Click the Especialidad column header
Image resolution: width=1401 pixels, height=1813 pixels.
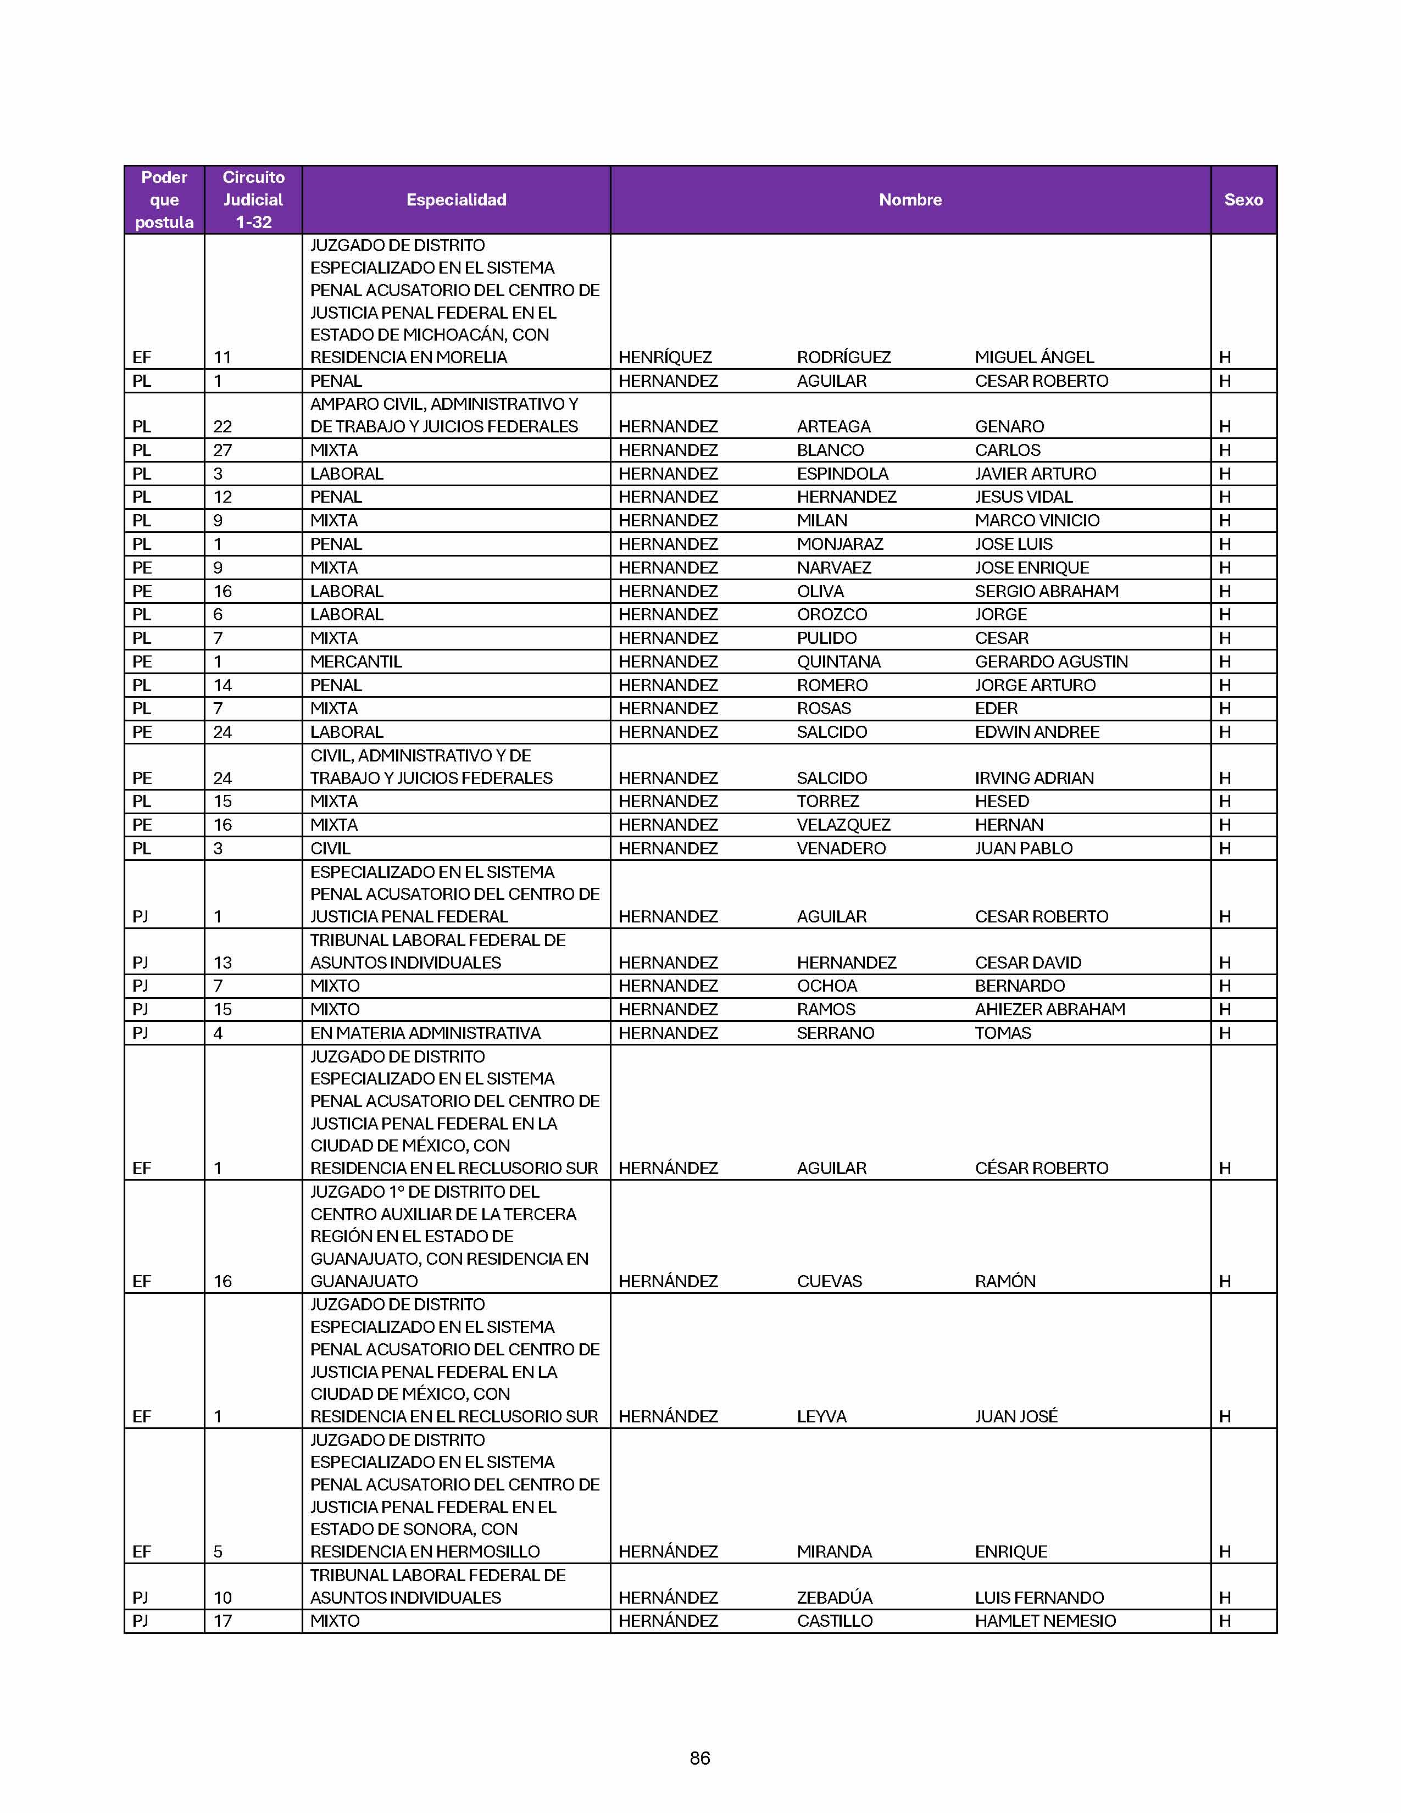pos(455,200)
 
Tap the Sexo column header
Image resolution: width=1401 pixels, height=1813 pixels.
pos(1242,200)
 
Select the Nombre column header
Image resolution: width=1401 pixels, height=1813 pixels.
pos(910,200)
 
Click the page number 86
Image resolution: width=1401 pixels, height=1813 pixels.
pos(699,1758)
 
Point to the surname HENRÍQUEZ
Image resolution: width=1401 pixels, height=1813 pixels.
pos(665,358)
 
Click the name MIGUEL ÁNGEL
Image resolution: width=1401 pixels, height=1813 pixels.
pos(1034,358)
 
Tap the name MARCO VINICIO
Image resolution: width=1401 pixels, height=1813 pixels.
pos(1037,520)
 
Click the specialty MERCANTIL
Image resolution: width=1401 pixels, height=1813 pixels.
pos(356,661)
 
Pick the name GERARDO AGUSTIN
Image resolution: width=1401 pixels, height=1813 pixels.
pos(1050,661)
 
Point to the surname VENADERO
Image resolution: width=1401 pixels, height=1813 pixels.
pos(841,848)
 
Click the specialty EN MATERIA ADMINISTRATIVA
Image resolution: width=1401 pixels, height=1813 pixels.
pos(425,1033)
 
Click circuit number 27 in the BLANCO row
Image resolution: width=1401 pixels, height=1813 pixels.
pos(223,451)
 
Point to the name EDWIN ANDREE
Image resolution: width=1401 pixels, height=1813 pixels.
pos(1037,732)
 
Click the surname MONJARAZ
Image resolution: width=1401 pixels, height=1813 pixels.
pos(840,544)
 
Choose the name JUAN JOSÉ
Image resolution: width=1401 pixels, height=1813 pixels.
pos(1016,1417)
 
